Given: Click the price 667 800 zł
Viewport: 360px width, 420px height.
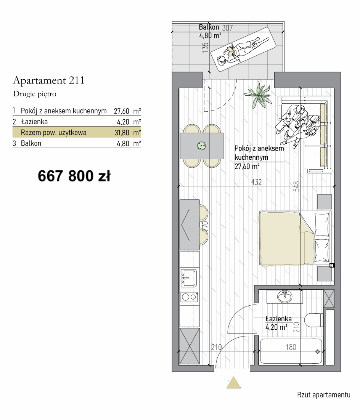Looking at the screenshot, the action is click(x=74, y=176).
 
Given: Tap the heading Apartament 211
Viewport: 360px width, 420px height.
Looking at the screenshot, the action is click(x=48, y=80).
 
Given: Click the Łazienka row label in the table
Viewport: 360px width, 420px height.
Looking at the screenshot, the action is click(x=34, y=122).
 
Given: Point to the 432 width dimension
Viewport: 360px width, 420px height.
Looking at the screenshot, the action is click(x=256, y=182).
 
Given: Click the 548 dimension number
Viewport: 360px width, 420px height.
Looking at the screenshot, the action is click(x=296, y=186).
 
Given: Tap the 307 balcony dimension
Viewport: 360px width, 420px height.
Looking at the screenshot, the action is click(x=228, y=28).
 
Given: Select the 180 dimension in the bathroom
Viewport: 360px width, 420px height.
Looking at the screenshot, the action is click(x=291, y=347).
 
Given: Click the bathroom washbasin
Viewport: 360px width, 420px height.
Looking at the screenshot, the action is click(x=284, y=297).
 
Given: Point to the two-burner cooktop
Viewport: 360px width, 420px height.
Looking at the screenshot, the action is click(x=189, y=297).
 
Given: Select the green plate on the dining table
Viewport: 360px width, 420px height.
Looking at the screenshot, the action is click(x=201, y=146).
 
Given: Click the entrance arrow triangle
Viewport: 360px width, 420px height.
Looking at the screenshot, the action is click(x=233, y=383).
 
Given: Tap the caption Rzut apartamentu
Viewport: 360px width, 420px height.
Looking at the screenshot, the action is click(x=323, y=395).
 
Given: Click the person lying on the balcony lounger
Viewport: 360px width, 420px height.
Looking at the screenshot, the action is click(x=243, y=51).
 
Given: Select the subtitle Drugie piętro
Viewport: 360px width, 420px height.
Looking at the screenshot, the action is click(x=35, y=94).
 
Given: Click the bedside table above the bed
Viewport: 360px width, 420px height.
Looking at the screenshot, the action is click(x=325, y=202).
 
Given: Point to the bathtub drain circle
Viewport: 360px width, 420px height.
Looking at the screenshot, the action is click(x=318, y=351).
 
